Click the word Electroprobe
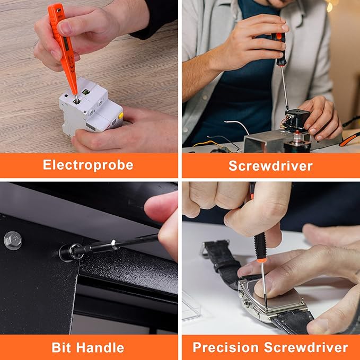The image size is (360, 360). click(x=88, y=165)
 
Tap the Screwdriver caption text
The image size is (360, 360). click(x=270, y=165)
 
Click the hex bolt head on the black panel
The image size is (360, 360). click(x=13, y=241)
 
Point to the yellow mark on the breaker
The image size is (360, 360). click(x=120, y=115)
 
